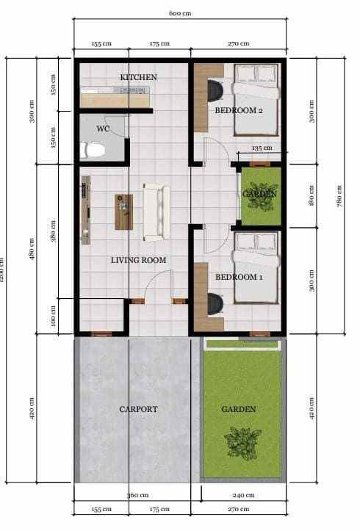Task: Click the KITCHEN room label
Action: [x=139, y=77]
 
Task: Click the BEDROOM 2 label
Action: [x=239, y=110]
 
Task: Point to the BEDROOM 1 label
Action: [x=239, y=277]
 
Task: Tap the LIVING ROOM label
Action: [x=138, y=260]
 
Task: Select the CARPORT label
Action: [x=139, y=409]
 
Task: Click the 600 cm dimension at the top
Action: [x=180, y=12]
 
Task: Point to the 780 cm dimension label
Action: [x=339, y=196]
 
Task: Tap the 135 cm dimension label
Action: [x=262, y=148]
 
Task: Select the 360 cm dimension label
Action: [x=137, y=495]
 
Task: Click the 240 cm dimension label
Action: [x=240, y=495]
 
